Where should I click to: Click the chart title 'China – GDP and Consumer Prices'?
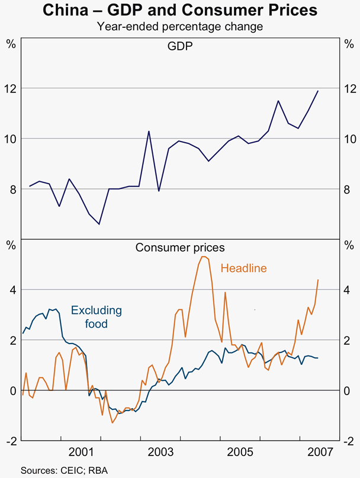pos(180,11)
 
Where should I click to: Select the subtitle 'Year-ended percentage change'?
pos(180,27)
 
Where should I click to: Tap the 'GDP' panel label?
pos(180,46)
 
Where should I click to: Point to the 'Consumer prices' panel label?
pos(180,247)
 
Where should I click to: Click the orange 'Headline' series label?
pos(243,268)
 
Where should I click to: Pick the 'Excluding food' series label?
pos(96,317)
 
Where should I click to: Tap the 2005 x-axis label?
pos(239,452)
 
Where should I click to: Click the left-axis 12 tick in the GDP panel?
pos(11,88)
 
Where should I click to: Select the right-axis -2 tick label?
pos(349,441)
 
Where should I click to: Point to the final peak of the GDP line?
pos(318,91)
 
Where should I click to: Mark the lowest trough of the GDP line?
pos(99,224)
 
